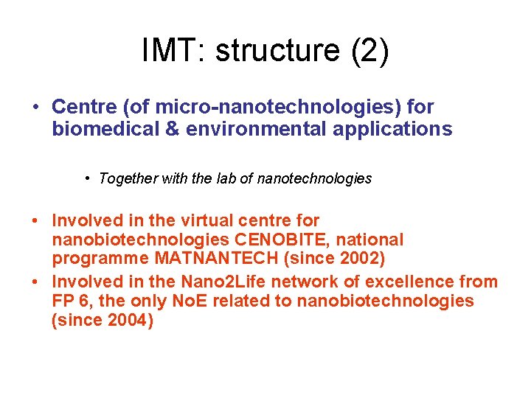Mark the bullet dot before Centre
(35, 108)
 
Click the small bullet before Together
(87, 178)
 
